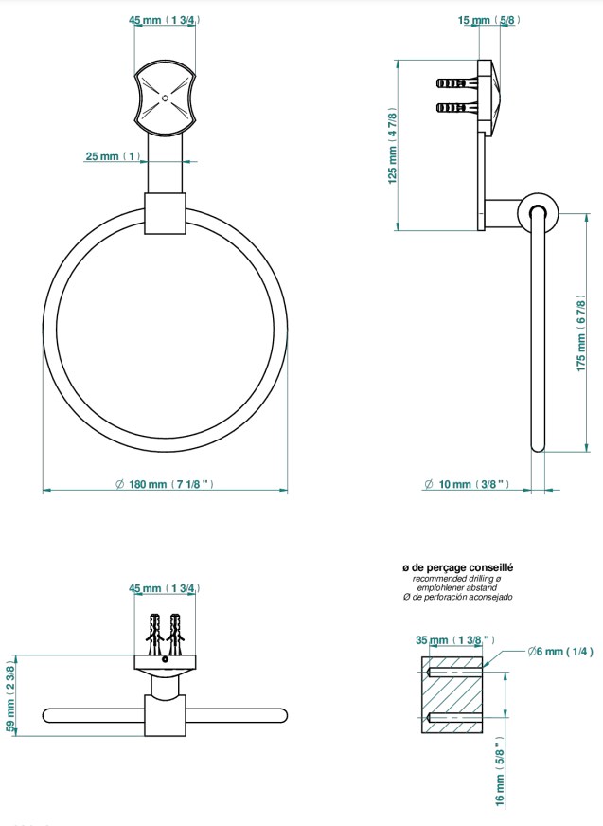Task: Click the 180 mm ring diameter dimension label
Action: coord(165,484)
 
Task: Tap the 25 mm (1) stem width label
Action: coord(114,156)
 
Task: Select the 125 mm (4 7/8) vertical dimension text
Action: coord(392,145)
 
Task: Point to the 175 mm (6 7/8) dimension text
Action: coord(581,333)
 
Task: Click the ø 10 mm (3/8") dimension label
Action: coord(467,484)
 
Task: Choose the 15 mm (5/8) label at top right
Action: coord(489,20)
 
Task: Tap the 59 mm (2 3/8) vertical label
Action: coord(10,696)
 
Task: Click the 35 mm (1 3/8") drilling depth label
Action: coord(455,640)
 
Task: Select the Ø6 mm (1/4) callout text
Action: coord(560,652)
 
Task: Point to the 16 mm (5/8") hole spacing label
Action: coord(500,772)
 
